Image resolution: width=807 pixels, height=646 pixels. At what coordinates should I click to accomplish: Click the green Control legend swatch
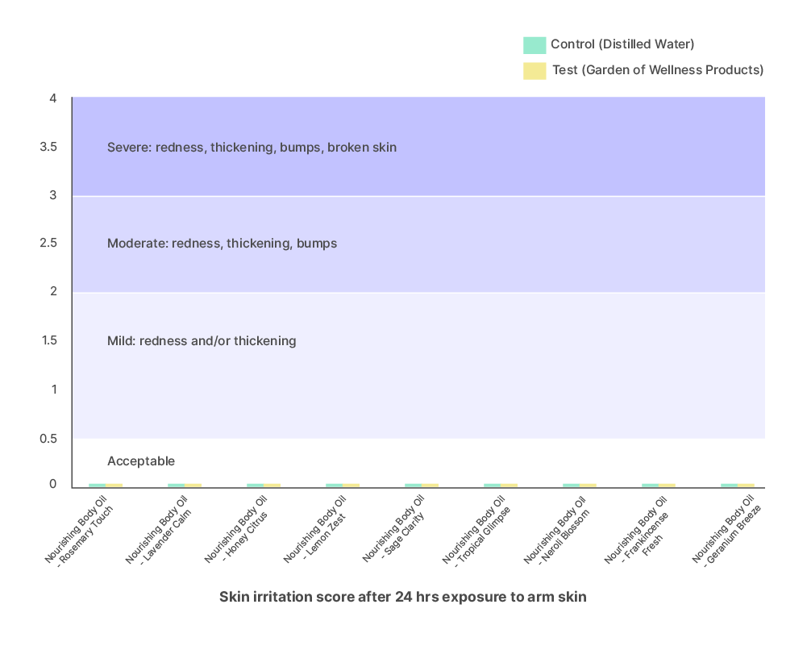pos(535,44)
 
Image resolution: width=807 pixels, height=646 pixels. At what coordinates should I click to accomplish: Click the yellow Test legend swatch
pos(535,70)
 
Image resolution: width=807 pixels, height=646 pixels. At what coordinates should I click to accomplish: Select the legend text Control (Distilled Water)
pos(622,44)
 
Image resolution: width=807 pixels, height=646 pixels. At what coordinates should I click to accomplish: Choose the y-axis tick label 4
pos(52,99)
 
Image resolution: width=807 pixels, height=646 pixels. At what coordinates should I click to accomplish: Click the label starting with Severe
pos(252,148)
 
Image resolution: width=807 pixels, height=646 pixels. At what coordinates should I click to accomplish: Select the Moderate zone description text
pos(222,244)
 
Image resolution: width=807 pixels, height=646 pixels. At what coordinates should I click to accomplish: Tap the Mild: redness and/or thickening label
pos(202,341)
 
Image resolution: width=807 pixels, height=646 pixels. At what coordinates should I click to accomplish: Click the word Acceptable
pos(141,461)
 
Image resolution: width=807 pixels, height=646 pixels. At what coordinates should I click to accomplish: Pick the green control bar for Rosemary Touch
pos(97,485)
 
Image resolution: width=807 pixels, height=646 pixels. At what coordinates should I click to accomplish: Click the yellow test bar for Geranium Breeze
pos(746,485)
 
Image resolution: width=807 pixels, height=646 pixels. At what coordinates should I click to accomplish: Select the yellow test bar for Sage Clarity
pos(430,485)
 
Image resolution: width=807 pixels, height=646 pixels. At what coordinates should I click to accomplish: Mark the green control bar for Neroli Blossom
pos(571,485)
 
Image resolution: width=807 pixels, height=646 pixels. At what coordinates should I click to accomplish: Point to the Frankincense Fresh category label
pos(641,534)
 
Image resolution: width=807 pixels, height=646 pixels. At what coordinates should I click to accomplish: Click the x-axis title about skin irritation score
pos(403,598)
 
